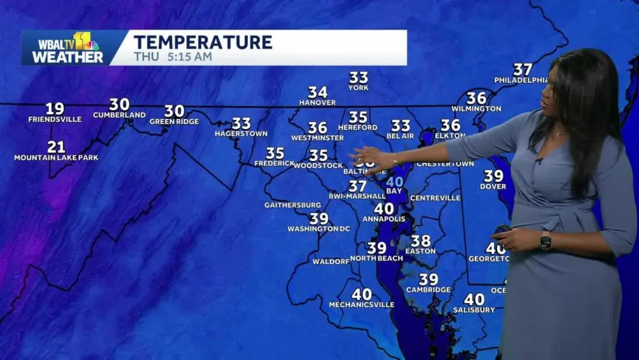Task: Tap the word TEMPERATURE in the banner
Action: [203, 42]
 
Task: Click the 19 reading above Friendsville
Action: [54, 109]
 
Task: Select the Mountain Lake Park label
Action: [56, 157]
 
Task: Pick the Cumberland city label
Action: [119, 115]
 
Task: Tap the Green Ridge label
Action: [174, 121]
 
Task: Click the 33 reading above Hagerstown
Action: [241, 123]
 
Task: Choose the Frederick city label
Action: [274, 163]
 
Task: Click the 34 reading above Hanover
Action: [318, 93]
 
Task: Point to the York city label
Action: [358, 88]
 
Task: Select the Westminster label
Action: [317, 137]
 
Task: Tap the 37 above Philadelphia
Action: [523, 69]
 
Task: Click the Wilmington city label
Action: [476, 109]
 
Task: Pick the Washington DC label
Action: [318, 229]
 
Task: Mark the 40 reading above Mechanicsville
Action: [362, 294]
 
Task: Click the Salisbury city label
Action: [474, 309]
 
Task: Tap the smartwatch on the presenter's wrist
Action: [545, 241]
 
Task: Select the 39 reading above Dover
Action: [493, 176]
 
